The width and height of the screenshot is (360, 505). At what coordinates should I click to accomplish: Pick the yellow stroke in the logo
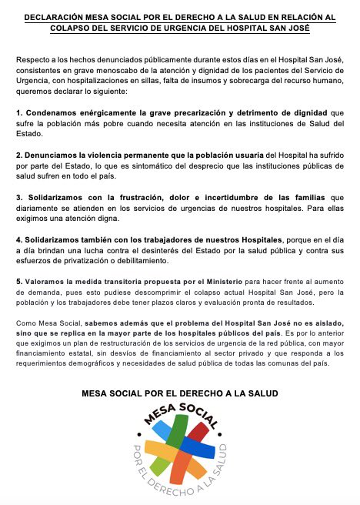pos(154,450)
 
